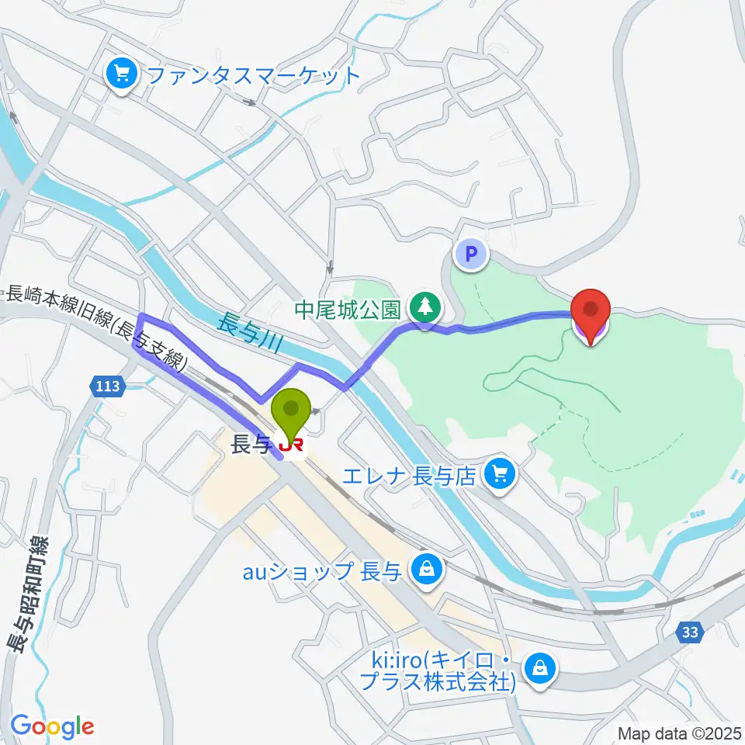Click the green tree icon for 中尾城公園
pyautogui.click(x=424, y=309)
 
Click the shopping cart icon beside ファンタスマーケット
pyautogui.click(x=122, y=75)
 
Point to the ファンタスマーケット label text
pyautogui.click(x=253, y=76)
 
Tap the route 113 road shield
pyautogui.click(x=107, y=386)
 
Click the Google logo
pyautogui.click(x=52, y=727)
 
